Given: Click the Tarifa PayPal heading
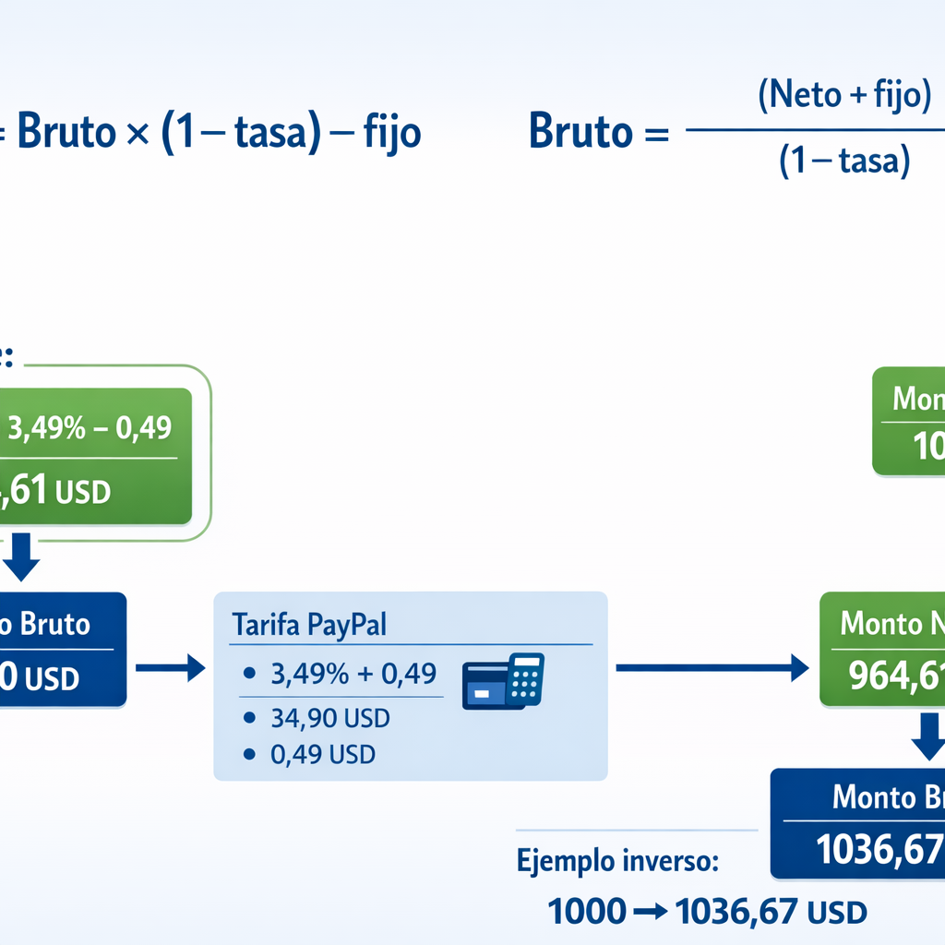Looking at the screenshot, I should coord(309,624).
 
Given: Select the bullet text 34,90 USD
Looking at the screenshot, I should coord(330,717).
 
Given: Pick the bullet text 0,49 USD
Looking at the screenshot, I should coord(323,754).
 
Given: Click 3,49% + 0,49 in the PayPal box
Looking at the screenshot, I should coord(353,674).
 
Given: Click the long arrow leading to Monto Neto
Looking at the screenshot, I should coord(711,667).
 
